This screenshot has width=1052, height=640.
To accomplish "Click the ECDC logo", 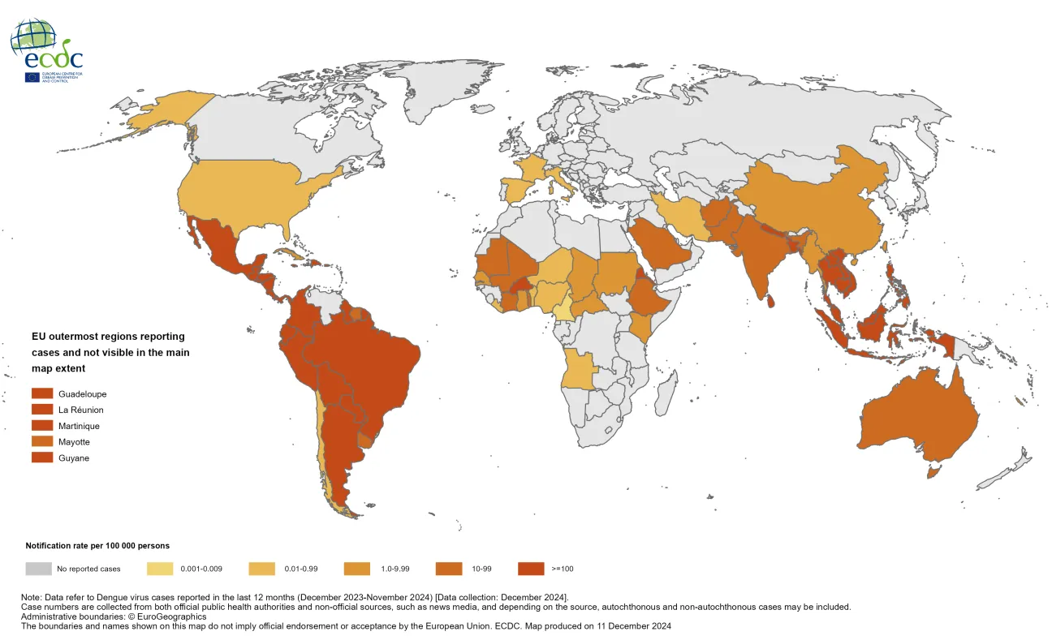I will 47,50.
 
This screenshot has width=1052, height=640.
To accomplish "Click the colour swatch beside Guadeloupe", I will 42,393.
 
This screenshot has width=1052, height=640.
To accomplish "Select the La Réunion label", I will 81,410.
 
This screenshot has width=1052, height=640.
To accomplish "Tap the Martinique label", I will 80,426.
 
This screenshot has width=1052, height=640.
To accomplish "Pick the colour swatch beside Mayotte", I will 42,442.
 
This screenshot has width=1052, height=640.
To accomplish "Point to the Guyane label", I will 74,458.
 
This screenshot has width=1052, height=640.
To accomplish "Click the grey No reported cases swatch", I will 38,569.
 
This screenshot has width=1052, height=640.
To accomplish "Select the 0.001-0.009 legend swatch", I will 160,569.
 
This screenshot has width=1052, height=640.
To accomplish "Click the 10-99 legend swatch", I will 449,569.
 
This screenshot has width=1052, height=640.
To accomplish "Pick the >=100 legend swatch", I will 531,569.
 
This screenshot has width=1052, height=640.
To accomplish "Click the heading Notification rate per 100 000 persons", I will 97,546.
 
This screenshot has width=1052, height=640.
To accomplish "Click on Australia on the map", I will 917,418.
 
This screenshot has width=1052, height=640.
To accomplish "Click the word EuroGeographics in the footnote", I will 159,616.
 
